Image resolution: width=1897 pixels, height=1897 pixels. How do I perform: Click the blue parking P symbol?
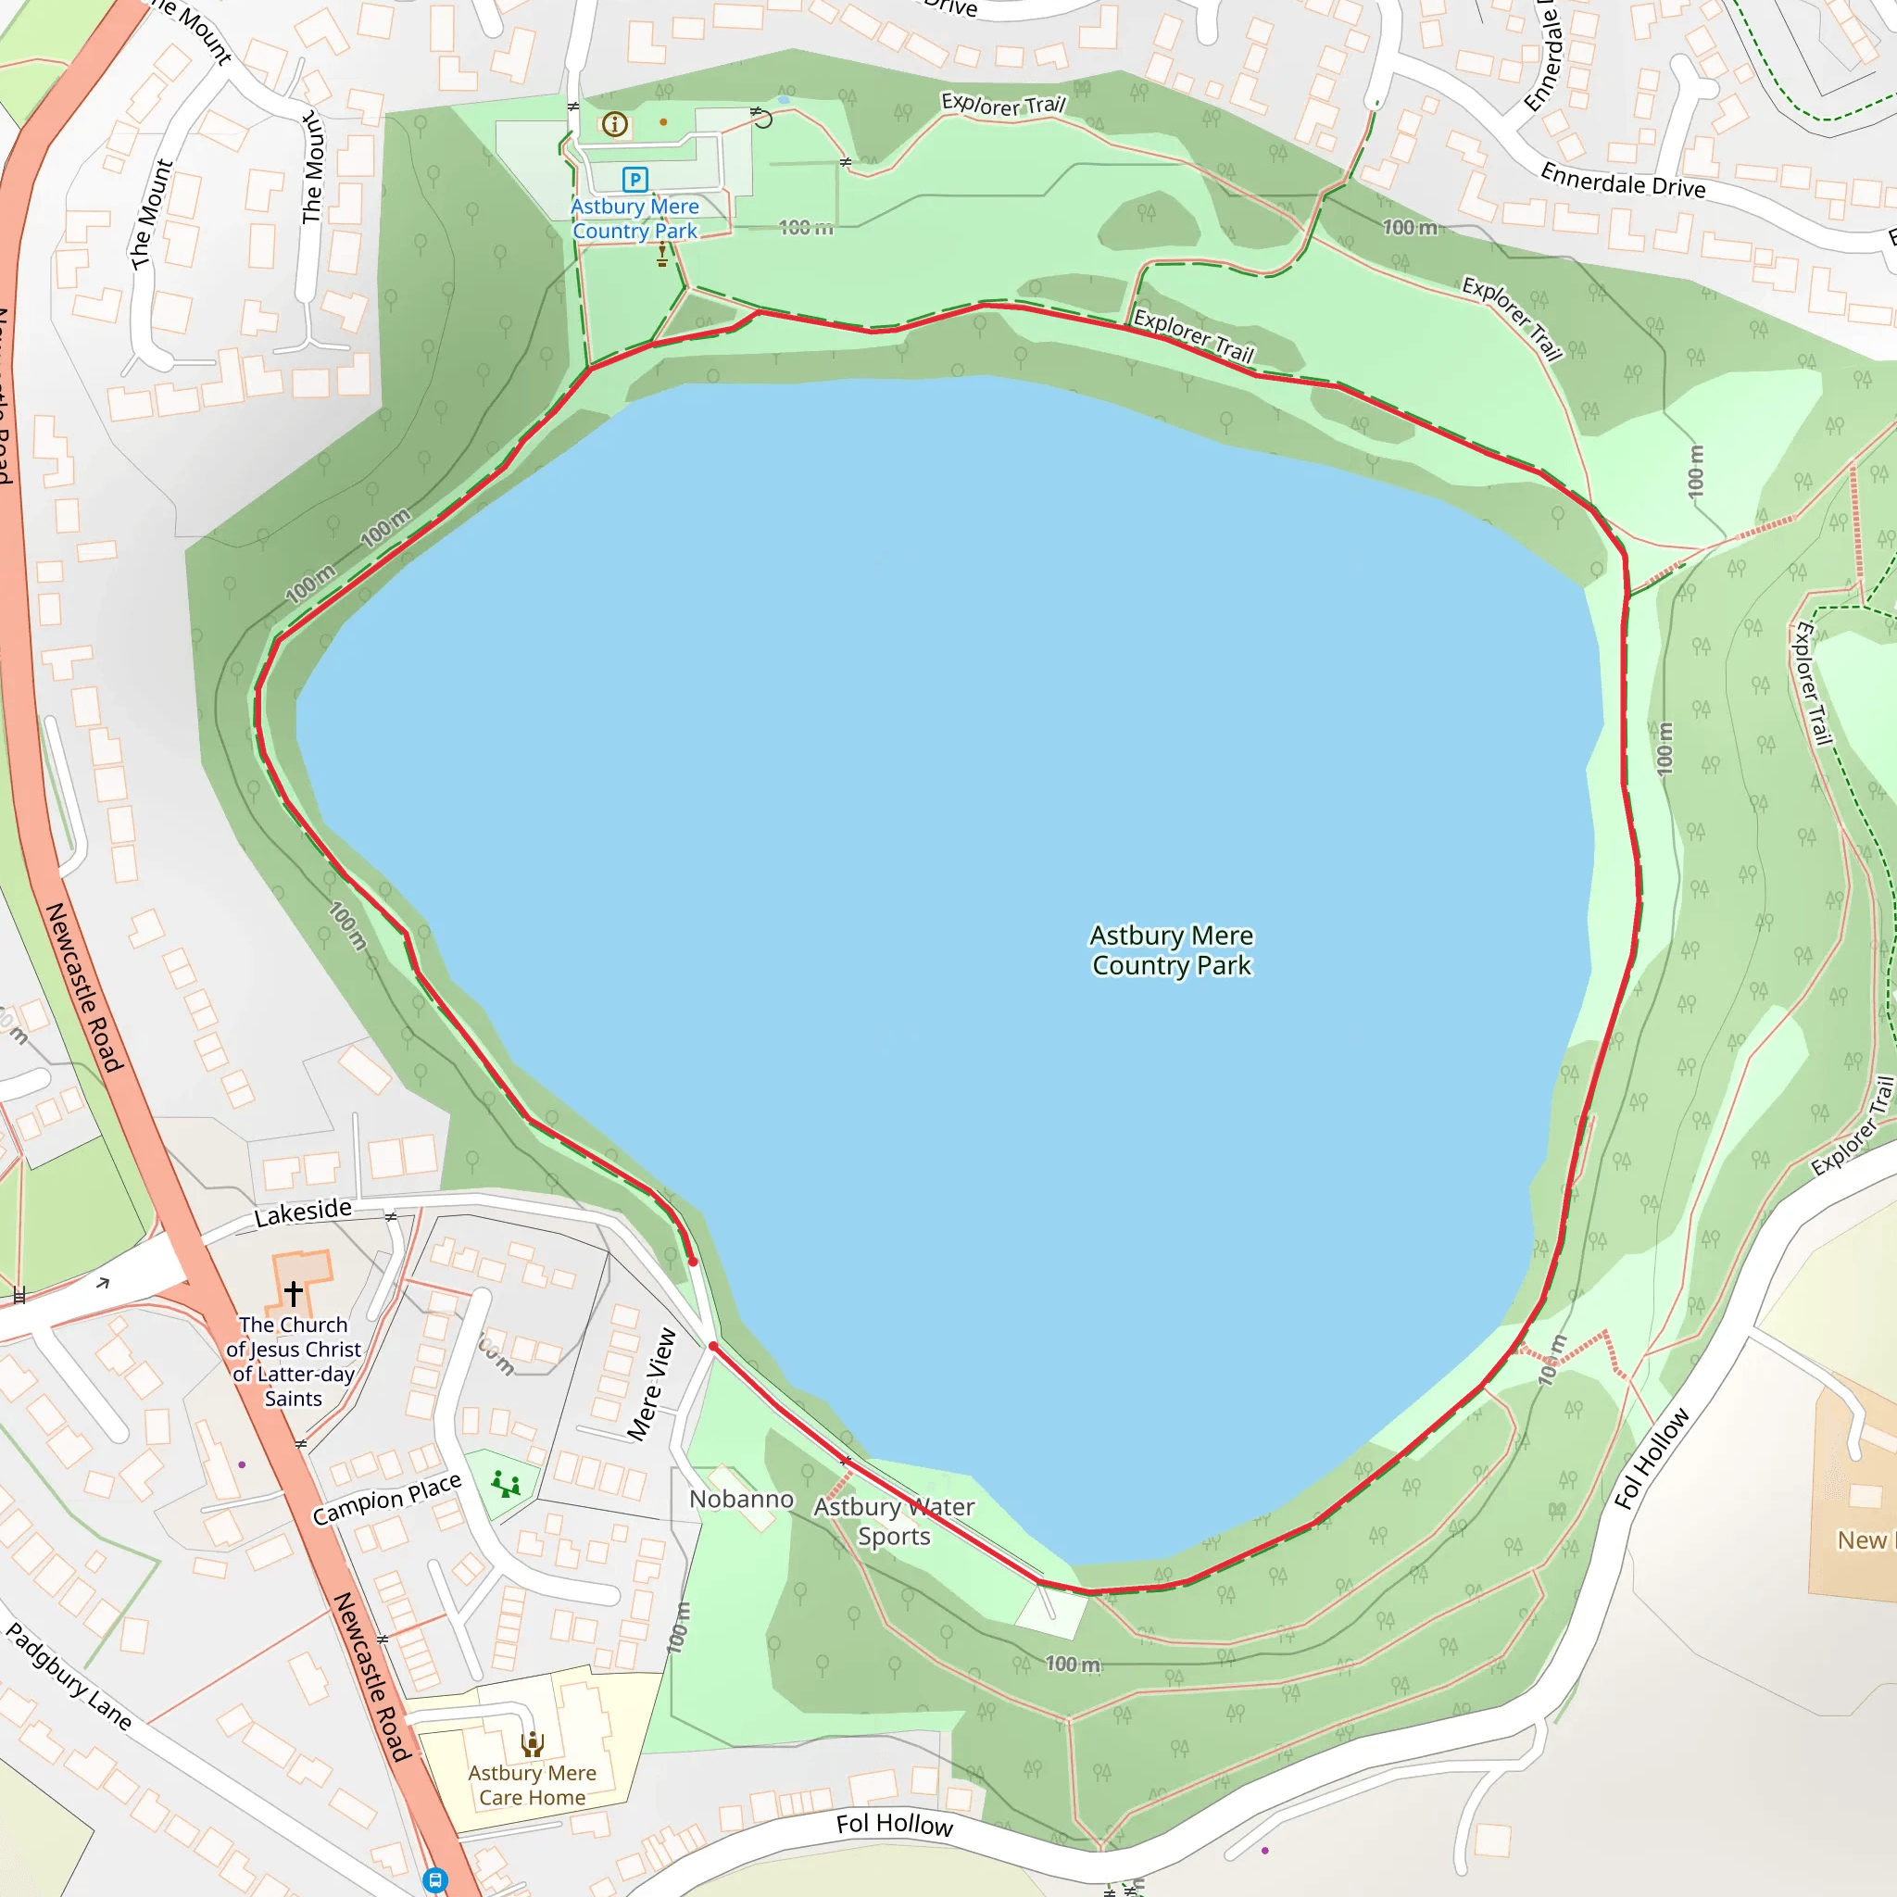coord(635,179)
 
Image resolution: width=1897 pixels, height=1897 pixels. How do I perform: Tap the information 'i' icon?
coord(615,124)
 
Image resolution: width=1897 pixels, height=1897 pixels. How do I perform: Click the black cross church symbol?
coord(294,1293)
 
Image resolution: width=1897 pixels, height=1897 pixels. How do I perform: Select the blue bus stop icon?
coord(435,1880)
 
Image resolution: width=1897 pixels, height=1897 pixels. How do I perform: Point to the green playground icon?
coord(506,1484)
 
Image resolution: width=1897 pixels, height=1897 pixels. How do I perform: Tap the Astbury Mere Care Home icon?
coord(533,1745)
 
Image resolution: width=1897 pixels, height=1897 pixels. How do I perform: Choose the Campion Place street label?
coord(387,1500)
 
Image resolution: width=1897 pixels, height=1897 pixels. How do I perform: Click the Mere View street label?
coord(652,1386)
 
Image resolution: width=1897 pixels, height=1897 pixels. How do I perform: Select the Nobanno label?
coord(741,1500)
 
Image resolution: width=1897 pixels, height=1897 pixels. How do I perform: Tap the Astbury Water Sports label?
coord(894,1521)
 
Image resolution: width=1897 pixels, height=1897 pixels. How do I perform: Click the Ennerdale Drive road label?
coord(1622,181)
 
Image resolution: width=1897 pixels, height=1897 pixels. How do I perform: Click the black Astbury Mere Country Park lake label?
coord(1172,949)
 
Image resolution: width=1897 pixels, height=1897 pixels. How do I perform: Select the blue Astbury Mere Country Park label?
coord(635,219)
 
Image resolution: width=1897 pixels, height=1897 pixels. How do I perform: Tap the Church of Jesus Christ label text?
coord(294,1361)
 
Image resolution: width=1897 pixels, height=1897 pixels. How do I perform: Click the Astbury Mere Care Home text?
coord(533,1785)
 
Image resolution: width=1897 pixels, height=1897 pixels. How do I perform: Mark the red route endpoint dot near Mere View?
coord(713,1346)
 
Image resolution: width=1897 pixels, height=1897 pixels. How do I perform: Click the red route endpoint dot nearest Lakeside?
coord(693,1262)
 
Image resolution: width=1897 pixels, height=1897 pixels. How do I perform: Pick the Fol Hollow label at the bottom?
coord(894,1825)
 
